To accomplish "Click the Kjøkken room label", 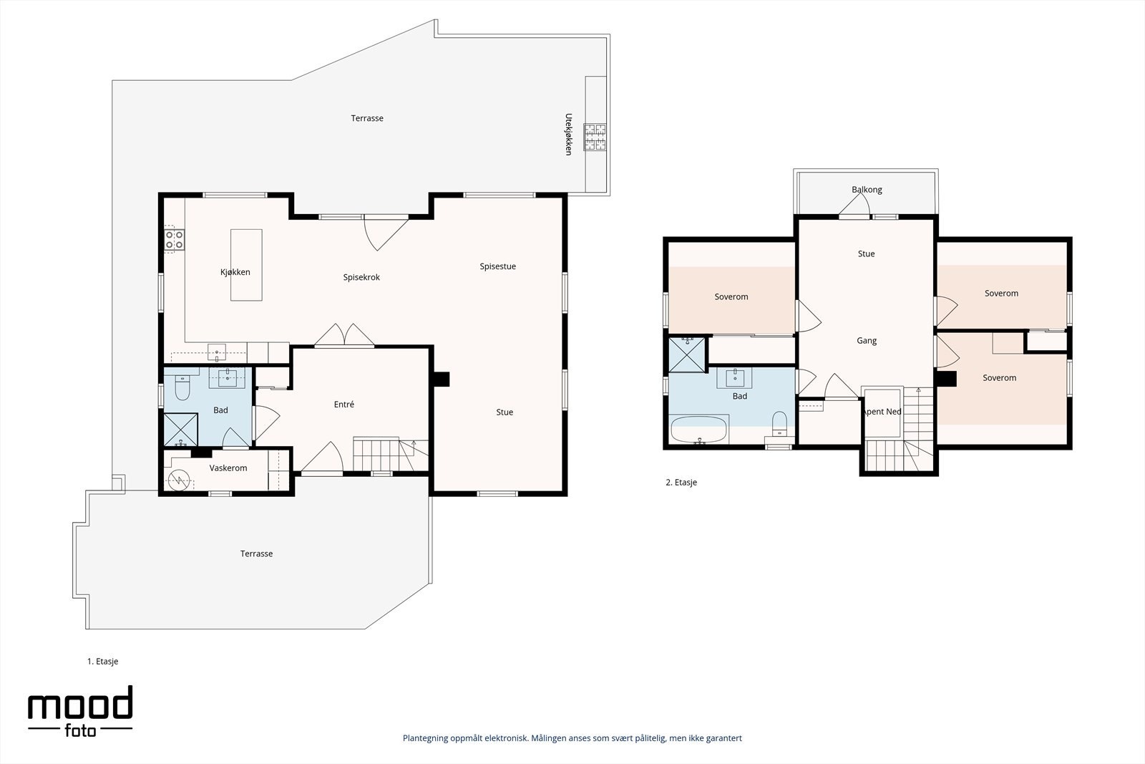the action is (x=235, y=272).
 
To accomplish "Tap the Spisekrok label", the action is (x=361, y=277).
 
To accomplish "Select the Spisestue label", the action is (x=498, y=266).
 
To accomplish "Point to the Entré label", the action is (x=344, y=404).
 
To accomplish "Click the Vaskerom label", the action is (x=228, y=468).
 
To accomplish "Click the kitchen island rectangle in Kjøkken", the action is (x=246, y=265).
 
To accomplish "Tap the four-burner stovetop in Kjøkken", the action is (x=174, y=240).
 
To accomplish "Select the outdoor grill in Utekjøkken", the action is (x=595, y=137).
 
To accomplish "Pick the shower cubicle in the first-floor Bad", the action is (x=180, y=430).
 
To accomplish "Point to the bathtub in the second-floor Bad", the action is (x=698, y=430).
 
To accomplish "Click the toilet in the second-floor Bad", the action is (x=779, y=423).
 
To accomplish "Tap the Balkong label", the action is (x=867, y=190).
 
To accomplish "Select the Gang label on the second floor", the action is (x=867, y=341).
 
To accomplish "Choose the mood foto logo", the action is (x=80, y=711).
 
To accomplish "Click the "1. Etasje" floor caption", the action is (x=103, y=661).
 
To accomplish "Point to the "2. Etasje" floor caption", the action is (x=681, y=482).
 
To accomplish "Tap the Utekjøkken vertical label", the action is (x=568, y=134).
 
